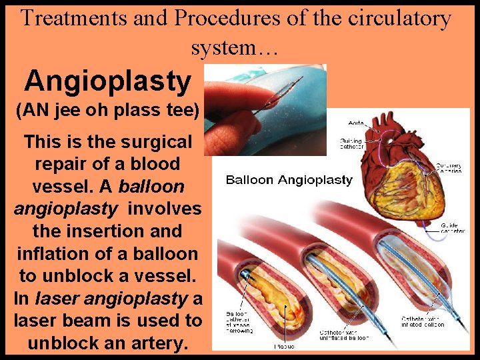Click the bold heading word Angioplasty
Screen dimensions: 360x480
click(107, 81)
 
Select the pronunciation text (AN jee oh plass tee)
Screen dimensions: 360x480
click(107, 111)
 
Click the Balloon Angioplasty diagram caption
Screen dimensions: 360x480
click(289, 179)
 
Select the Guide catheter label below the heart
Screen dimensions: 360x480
click(452, 228)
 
